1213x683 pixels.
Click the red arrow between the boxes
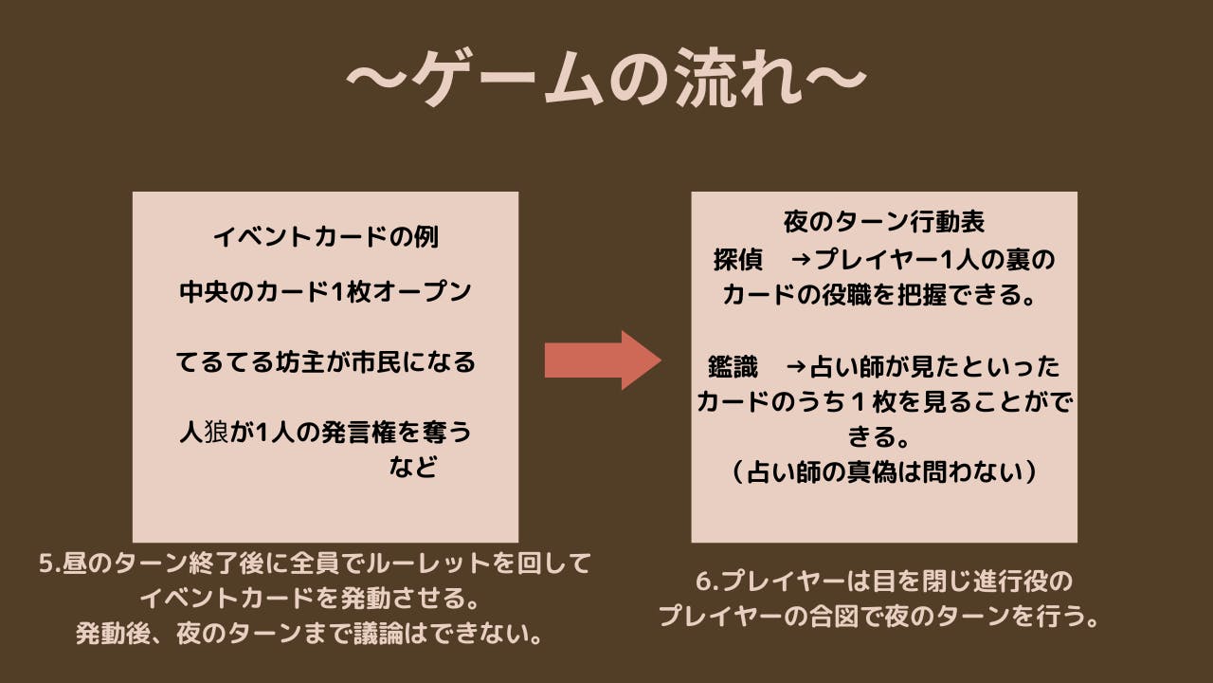click(602, 360)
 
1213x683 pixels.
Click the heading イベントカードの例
click(325, 237)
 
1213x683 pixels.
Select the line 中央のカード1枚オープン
click(325, 292)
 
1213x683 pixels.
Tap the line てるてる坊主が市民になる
click(325, 362)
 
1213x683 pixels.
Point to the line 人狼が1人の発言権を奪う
click(325, 433)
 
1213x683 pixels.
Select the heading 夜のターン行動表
click(884, 222)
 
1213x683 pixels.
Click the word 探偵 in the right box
click(738, 259)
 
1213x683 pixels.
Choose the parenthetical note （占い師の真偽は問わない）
click(884, 471)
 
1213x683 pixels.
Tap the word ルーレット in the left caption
click(441, 563)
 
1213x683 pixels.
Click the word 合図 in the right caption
click(858, 617)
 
